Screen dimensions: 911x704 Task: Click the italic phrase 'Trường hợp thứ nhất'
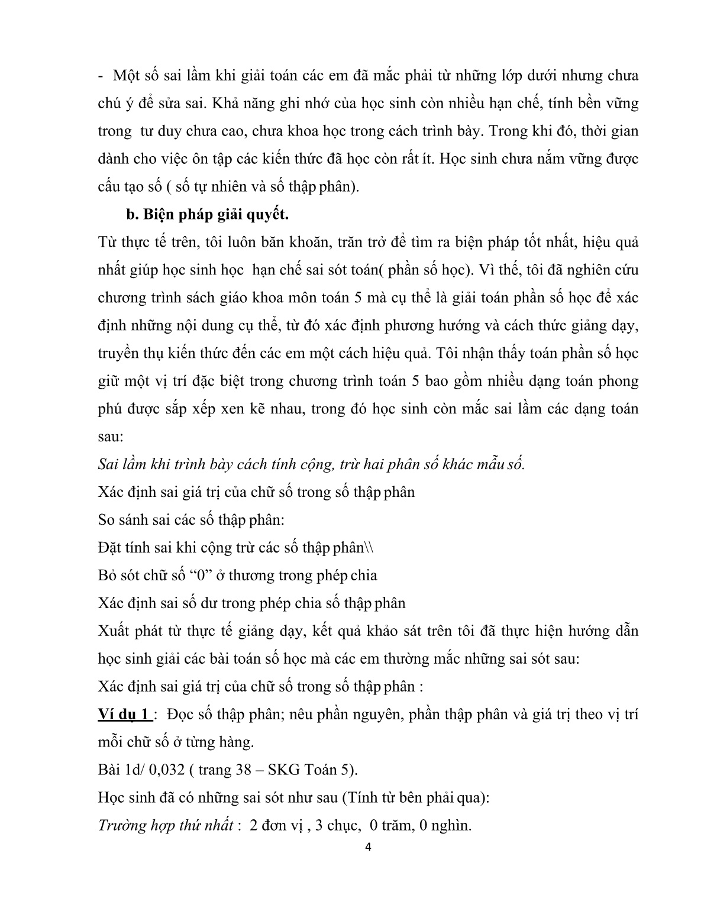(165, 825)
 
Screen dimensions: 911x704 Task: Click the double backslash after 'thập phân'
(369, 548)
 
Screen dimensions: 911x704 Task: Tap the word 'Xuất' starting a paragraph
(112, 631)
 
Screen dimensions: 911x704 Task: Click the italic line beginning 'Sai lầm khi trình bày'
(311, 464)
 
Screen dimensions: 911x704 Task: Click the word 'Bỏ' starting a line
(107, 576)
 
